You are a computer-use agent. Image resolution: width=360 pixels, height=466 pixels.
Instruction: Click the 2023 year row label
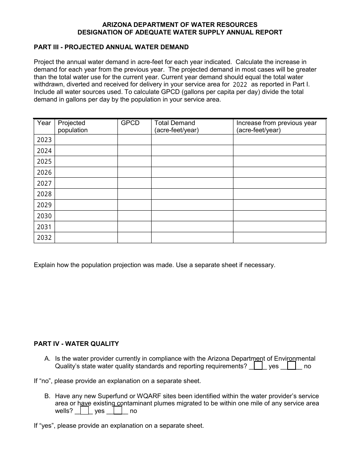click(x=44, y=140)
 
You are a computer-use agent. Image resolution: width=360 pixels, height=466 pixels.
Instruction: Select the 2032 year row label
click(x=44, y=238)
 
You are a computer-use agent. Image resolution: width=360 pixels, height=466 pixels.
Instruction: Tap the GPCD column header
click(x=130, y=123)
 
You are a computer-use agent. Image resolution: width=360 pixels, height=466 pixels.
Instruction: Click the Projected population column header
click(x=72, y=127)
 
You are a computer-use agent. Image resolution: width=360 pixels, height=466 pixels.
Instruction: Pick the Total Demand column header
click(x=177, y=127)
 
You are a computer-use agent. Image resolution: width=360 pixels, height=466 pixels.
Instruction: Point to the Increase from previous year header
click(x=276, y=127)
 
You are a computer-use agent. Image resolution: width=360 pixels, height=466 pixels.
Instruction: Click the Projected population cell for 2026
click(x=86, y=172)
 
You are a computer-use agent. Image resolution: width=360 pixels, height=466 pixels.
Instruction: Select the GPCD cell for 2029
click(x=134, y=205)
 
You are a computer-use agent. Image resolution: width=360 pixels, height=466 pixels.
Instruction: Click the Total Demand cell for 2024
click(x=192, y=151)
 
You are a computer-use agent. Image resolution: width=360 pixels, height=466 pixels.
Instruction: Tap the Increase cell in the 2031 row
click(x=279, y=227)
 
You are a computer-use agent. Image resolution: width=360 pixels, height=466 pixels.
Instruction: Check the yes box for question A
click(x=258, y=366)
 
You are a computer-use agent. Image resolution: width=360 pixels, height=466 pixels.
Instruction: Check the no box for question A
click(x=292, y=366)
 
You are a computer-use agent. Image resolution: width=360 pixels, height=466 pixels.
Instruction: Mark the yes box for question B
click(x=84, y=411)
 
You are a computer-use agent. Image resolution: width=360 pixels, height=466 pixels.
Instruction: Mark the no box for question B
click(x=118, y=411)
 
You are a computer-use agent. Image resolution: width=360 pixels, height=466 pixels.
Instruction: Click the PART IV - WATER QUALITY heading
click(x=76, y=344)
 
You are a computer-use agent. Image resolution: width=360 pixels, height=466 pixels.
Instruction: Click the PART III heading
click(x=111, y=47)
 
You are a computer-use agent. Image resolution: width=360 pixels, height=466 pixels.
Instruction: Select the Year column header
click(x=44, y=123)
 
